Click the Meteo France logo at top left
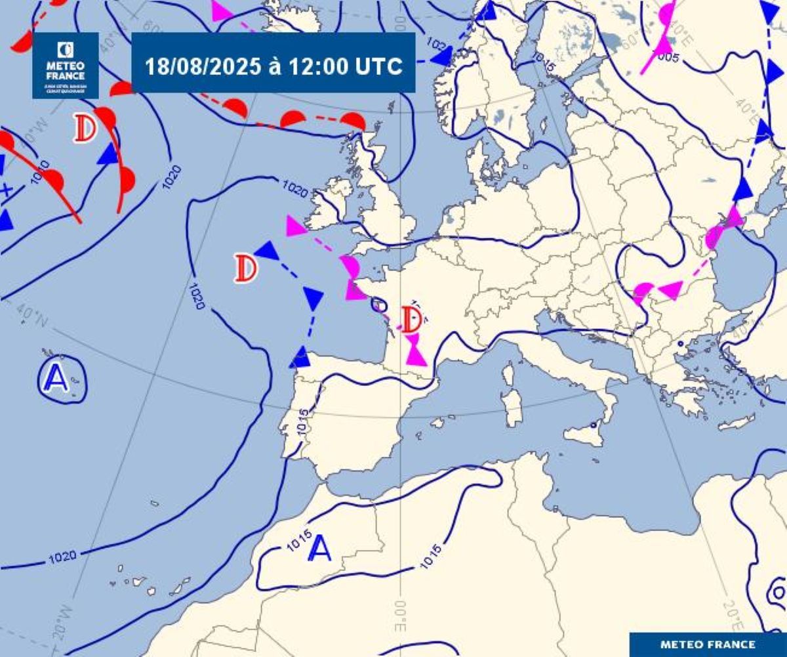(66, 66)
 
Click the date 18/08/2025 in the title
(201, 67)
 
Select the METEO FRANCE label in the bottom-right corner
(707, 644)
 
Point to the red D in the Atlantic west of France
(246, 268)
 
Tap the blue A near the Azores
(56, 377)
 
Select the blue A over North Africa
(320, 549)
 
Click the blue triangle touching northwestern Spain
(300, 358)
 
